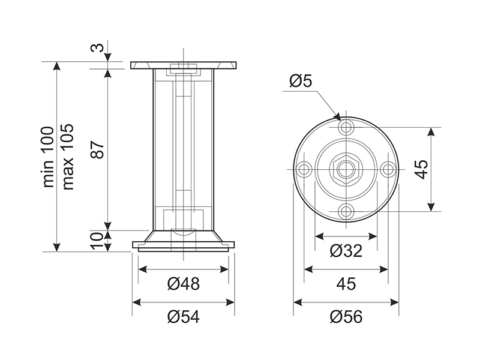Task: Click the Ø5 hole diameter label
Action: click(301, 81)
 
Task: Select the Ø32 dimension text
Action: click(346, 251)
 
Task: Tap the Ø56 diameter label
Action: click(346, 317)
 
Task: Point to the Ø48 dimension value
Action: click(184, 284)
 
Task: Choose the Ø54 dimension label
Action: click(184, 317)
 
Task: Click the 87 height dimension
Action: click(98, 149)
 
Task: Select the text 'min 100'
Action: click(49, 157)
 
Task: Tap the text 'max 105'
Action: click(68, 157)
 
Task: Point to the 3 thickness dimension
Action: click(98, 48)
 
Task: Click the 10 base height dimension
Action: click(97, 241)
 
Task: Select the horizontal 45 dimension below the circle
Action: click(346, 284)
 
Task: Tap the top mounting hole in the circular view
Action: click(346, 127)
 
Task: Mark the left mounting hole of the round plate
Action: click(304, 169)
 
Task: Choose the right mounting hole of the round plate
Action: click(388, 169)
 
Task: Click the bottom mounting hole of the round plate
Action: click(346, 211)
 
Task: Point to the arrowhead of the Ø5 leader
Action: click(338, 117)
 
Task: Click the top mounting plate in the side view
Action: click(184, 65)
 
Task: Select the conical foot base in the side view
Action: click(184, 241)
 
